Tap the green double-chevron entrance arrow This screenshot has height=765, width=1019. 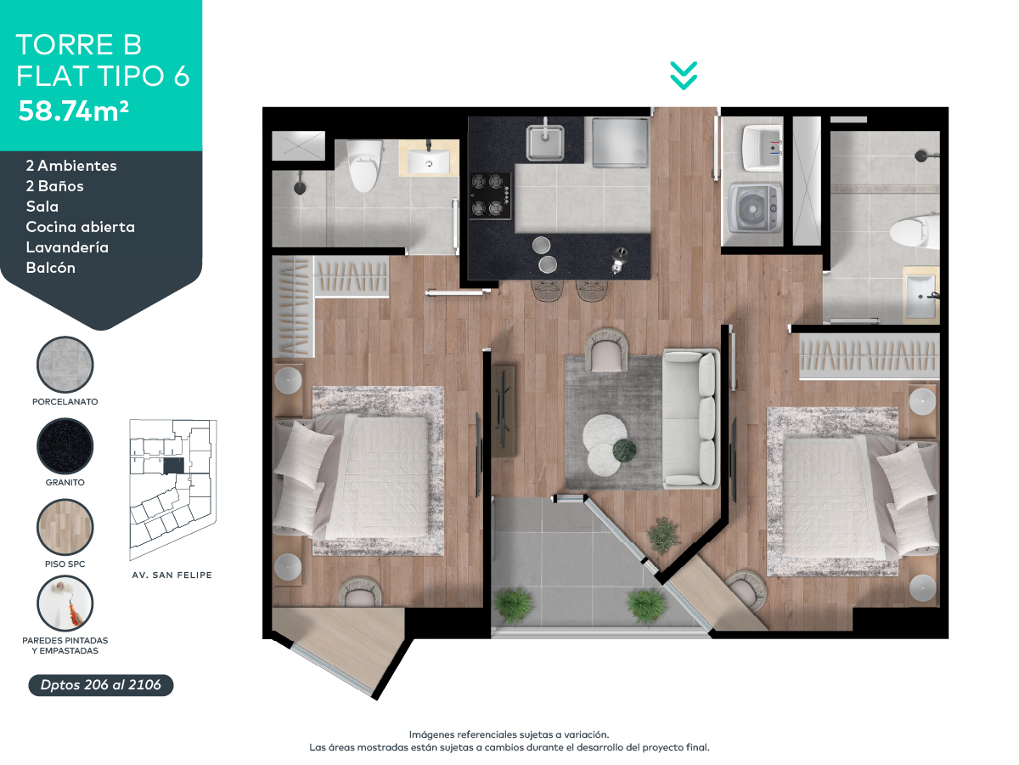tap(684, 76)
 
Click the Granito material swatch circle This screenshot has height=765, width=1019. tap(65, 446)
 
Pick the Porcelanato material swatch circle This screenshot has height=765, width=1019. tap(65, 365)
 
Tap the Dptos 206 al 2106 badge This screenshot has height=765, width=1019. tap(101, 685)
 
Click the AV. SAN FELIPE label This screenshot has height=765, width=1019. tap(172, 575)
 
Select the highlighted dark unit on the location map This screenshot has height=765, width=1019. tap(173, 466)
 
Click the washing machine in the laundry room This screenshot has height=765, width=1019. tap(756, 207)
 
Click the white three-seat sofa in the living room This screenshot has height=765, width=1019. tap(690, 417)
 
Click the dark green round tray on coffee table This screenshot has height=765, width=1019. tap(625, 449)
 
